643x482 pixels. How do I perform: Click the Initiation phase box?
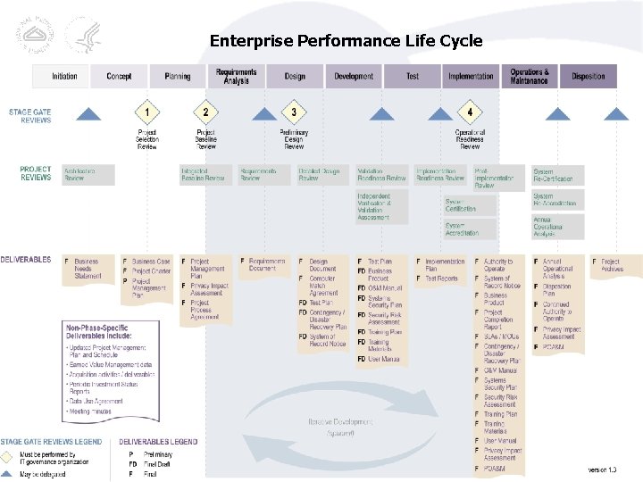point(63,77)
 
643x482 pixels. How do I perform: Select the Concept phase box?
point(119,77)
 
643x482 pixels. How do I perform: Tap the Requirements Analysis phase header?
point(236,77)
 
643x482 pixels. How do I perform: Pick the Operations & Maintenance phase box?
point(530,77)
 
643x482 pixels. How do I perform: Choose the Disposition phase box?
point(588,77)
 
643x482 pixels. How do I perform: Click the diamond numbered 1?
point(147,112)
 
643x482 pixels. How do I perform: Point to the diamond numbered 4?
point(470,112)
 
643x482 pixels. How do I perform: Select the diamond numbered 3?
point(293,112)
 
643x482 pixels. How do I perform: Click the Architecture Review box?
point(88,174)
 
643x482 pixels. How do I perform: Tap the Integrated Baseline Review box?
point(205,174)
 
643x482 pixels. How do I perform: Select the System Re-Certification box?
point(557,175)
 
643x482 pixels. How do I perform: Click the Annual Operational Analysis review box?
point(557,227)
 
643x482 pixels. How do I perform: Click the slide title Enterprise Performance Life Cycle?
point(346,40)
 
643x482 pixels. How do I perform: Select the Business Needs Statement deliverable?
point(89,269)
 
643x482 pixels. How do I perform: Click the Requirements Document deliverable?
point(264,264)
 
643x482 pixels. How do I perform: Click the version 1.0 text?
point(602,470)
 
